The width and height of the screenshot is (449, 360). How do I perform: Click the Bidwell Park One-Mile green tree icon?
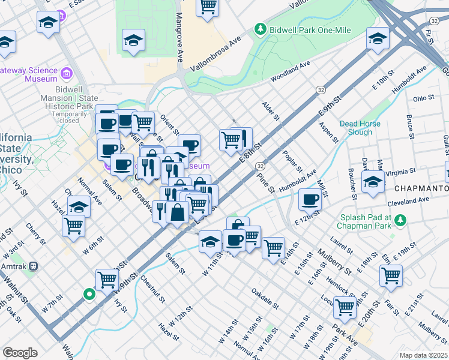(x=260, y=28)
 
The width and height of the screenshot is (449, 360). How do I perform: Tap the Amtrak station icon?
(x=34, y=265)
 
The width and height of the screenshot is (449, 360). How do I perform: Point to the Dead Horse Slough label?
(x=360, y=128)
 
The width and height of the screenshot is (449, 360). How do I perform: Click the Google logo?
(x=20, y=353)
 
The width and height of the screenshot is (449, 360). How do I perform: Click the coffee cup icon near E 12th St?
(x=310, y=199)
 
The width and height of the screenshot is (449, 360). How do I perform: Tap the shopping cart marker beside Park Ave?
(x=345, y=307)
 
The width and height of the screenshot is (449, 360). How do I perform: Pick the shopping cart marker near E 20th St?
(x=391, y=275)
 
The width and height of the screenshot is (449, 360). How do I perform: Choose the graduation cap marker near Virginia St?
(x=373, y=181)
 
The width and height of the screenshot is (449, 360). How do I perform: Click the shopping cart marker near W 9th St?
(x=106, y=278)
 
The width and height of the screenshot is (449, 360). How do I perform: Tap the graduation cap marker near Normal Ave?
(x=79, y=206)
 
